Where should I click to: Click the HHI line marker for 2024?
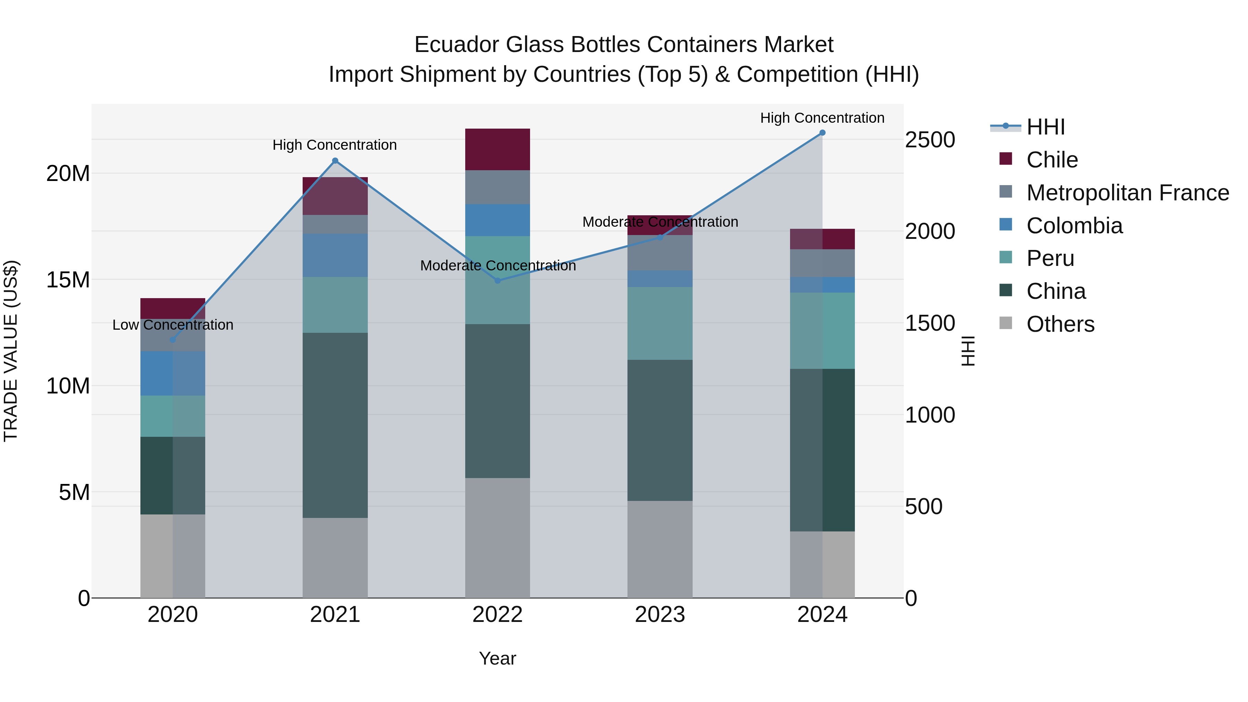coord(822,133)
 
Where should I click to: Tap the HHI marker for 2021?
coord(335,161)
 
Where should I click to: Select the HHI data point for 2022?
coord(497,280)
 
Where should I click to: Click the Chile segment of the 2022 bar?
coord(497,149)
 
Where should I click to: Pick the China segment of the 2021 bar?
coord(335,425)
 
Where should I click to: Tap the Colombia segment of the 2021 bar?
coord(335,255)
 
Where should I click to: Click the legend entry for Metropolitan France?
coord(1127,193)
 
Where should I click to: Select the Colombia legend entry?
coord(1074,226)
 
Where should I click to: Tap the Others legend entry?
coord(1060,324)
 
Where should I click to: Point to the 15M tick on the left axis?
coord(68,280)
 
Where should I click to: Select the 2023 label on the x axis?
coord(659,615)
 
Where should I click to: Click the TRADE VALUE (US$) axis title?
coord(11,351)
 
